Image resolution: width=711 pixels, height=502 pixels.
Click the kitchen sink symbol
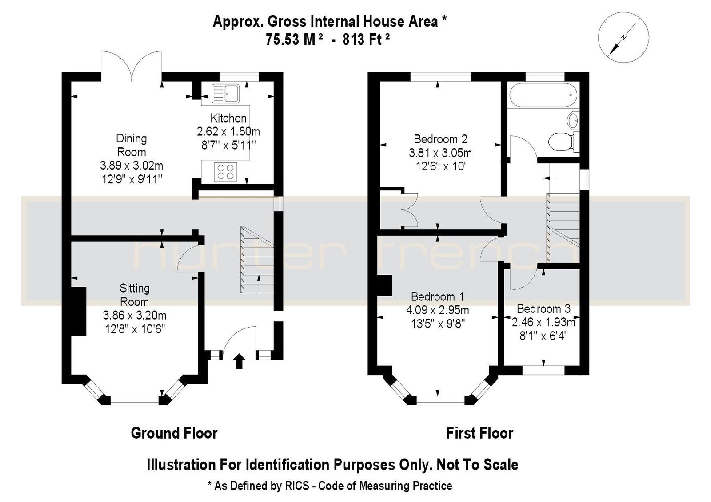(225, 93)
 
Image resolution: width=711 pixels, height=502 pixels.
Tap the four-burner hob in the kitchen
(225, 172)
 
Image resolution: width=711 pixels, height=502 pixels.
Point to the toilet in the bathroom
(564, 141)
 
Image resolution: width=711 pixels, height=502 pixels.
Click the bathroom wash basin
(573, 120)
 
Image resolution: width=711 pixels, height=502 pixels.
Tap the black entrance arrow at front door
(239, 362)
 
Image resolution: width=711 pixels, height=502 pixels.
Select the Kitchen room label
(228, 118)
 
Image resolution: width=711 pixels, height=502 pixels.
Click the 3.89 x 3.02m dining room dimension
(132, 165)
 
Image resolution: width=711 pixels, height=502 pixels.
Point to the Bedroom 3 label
(543, 308)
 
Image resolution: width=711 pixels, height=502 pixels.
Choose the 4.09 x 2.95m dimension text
(437, 310)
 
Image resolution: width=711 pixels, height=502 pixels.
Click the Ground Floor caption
(174, 433)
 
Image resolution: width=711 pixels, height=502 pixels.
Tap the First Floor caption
(479, 433)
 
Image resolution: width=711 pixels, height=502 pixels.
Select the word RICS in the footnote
(296, 486)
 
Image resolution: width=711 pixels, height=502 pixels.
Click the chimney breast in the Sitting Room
(78, 311)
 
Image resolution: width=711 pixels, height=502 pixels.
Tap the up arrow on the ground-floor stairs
(259, 285)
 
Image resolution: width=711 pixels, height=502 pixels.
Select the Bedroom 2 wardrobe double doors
(410, 209)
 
